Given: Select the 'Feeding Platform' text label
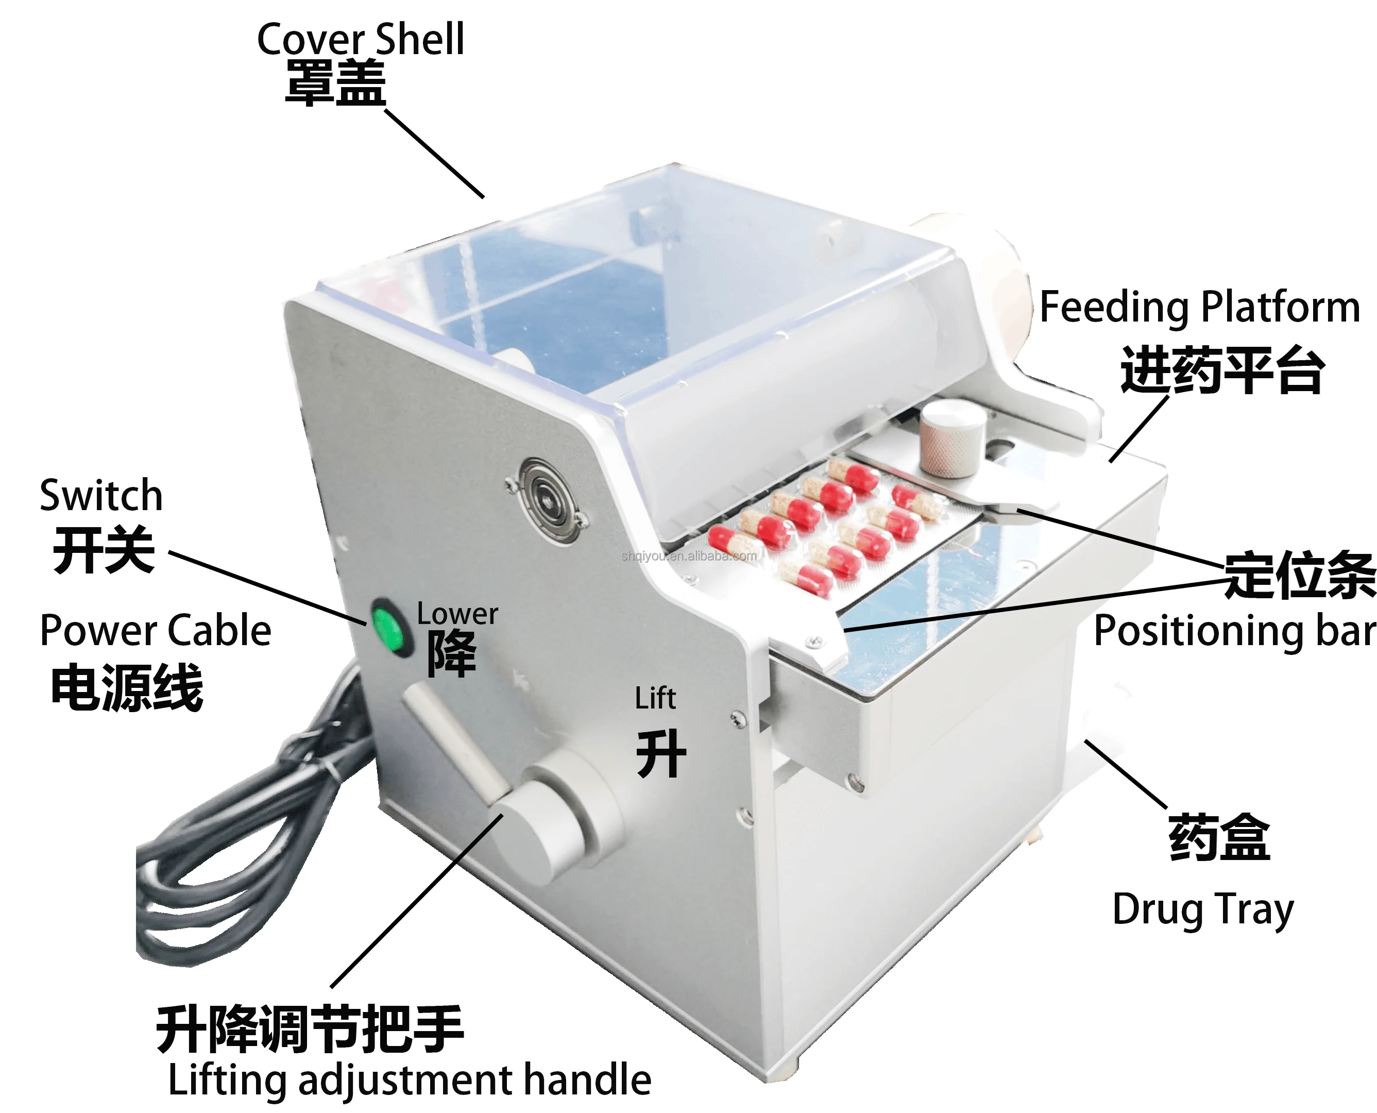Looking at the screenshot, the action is coord(1199,308).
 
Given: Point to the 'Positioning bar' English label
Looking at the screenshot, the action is coord(1234,632).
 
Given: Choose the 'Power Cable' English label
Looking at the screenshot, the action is coord(155,630).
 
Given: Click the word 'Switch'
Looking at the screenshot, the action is coord(101,496).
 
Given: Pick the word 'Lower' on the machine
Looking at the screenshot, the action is coord(457,614).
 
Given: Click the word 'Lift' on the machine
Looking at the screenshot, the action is coord(655,698).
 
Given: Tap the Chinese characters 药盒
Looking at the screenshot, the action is coord(1218,838).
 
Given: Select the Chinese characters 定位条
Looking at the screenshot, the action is coord(1299,575).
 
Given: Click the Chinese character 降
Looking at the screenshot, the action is coord(451,653).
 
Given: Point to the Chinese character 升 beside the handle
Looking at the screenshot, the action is coord(660,753).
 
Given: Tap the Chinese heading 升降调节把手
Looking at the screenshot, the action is coord(309,1029).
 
